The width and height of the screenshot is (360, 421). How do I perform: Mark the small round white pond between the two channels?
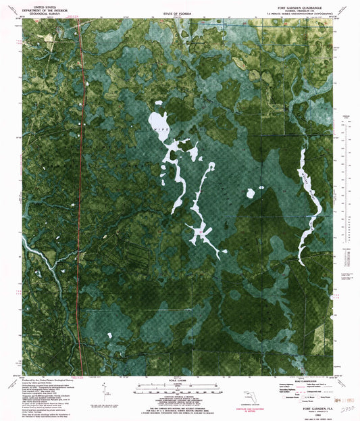pyautogui.click(x=251, y=194)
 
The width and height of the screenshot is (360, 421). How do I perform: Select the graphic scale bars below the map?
pyautogui.click(x=174, y=390)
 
